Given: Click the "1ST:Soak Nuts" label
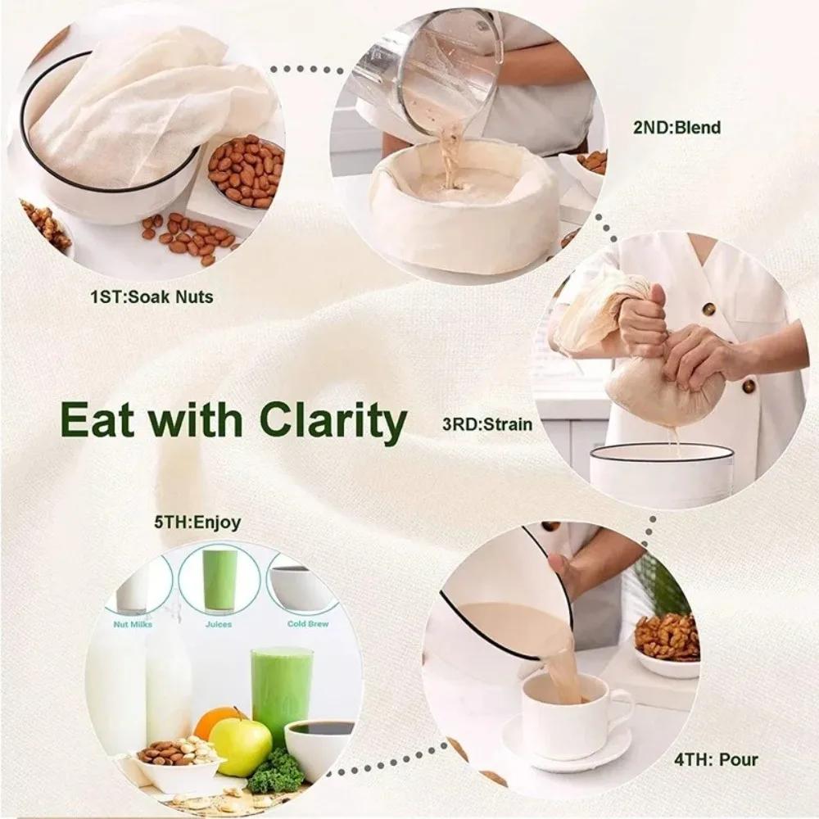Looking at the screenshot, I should [152, 296].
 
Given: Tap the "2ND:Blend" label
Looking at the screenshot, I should [676, 127].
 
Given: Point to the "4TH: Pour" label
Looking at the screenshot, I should [715, 759].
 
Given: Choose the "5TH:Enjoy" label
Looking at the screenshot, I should [197, 522].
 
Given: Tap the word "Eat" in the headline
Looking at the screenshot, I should [101, 420].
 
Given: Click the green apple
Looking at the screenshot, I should [240, 746].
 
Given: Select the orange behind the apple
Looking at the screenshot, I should [215, 720].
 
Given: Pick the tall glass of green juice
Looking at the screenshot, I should [281, 692].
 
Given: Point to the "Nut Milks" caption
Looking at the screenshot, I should [132, 624].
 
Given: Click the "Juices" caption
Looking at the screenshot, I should [219, 624].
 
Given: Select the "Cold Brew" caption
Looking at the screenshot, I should [307, 624].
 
